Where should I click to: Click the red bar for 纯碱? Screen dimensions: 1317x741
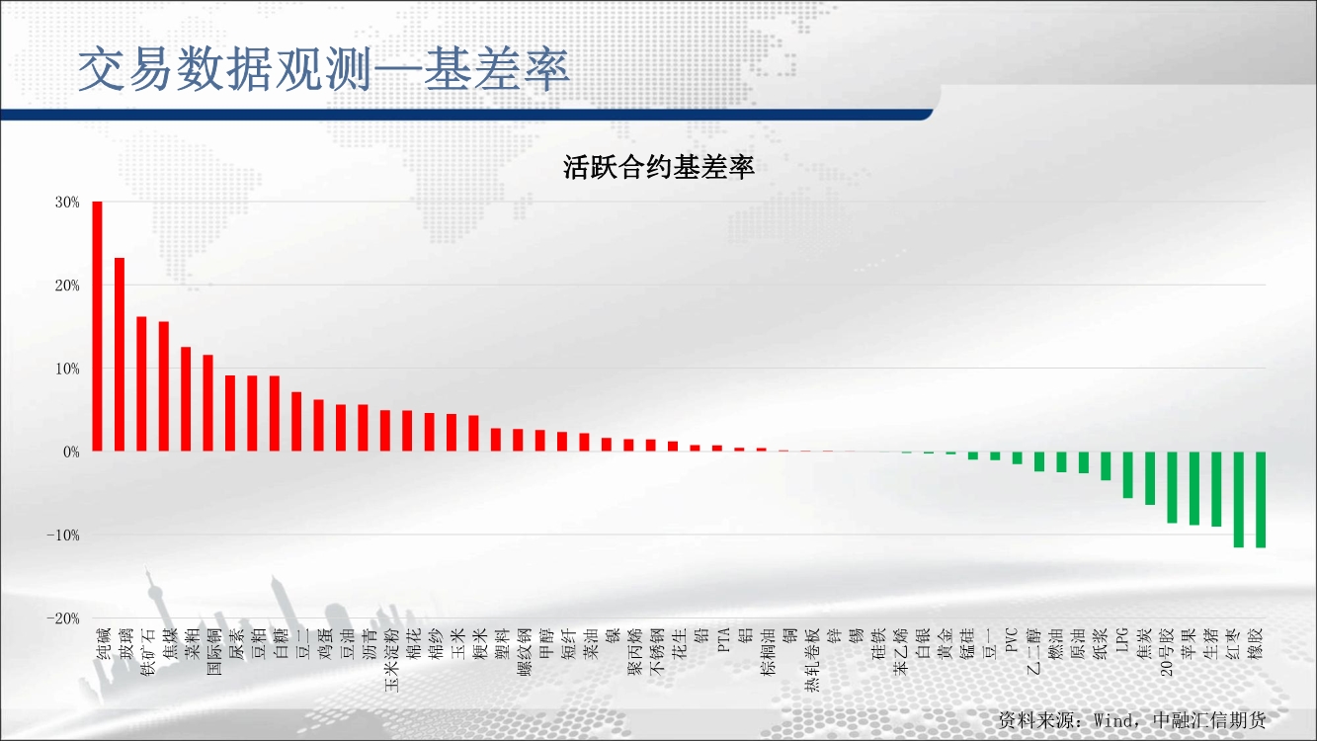97,326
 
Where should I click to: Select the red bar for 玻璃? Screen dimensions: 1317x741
120,355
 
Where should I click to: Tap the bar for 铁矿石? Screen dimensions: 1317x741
141,384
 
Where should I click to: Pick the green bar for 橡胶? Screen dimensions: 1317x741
1261,500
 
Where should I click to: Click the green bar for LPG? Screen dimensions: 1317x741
1127,475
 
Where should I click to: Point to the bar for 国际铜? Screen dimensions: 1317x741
208,403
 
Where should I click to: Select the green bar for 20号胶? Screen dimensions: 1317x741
1172,487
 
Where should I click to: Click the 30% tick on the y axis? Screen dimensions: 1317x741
67,203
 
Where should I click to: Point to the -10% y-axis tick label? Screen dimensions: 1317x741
63,535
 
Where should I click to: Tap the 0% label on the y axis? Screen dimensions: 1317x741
71,453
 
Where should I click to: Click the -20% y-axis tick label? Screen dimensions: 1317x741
63,618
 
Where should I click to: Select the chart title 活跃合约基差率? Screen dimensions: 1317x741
658,167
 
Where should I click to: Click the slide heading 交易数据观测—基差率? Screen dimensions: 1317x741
324,70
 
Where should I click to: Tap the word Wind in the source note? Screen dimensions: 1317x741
1115,720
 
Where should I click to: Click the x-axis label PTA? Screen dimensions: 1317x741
724,640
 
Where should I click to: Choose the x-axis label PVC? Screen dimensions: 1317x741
1012,640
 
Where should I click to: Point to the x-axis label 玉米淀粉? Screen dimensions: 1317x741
391,660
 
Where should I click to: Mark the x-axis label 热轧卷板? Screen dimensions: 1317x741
812,660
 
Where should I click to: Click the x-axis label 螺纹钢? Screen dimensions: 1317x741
525,652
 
